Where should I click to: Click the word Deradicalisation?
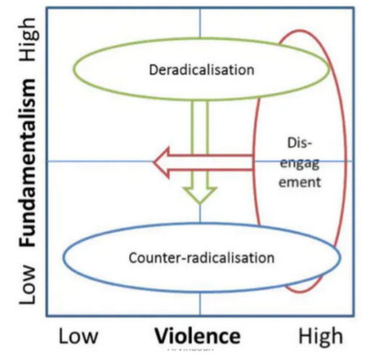(x=202, y=70)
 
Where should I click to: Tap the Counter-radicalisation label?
(x=201, y=257)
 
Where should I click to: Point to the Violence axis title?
(x=197, y=336)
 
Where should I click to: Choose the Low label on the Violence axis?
(x=82, y=336)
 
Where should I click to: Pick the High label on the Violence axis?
(x=320, y=336)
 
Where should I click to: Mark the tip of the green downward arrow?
(x=200, y=203)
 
